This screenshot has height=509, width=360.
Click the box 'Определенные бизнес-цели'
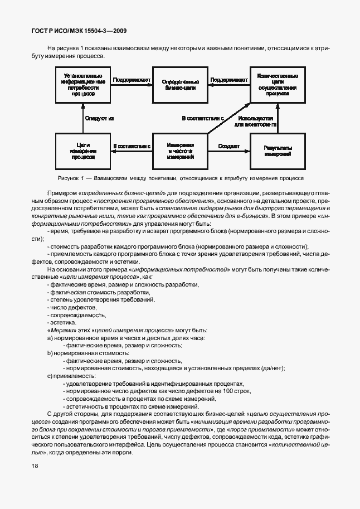tap(180, 84)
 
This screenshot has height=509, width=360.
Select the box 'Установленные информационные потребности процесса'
tap(82, 84)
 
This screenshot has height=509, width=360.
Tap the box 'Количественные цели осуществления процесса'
tap(277, 85)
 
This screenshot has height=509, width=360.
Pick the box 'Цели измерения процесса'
tap(82, 151)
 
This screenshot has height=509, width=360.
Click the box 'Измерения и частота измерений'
tap(180, 151)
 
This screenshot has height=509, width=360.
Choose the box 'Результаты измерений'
tap(277, 150)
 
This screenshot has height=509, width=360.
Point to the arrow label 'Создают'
tap(229, 146)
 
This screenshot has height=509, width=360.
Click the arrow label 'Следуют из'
tap(99, 118)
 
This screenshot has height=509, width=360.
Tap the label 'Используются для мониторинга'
tap(255, 122)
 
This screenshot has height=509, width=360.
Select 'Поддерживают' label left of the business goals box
tap(132, 80)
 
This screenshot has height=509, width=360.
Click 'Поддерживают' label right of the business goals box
tap(229, 80)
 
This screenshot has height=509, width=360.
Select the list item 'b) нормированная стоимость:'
tap(83, 353)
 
